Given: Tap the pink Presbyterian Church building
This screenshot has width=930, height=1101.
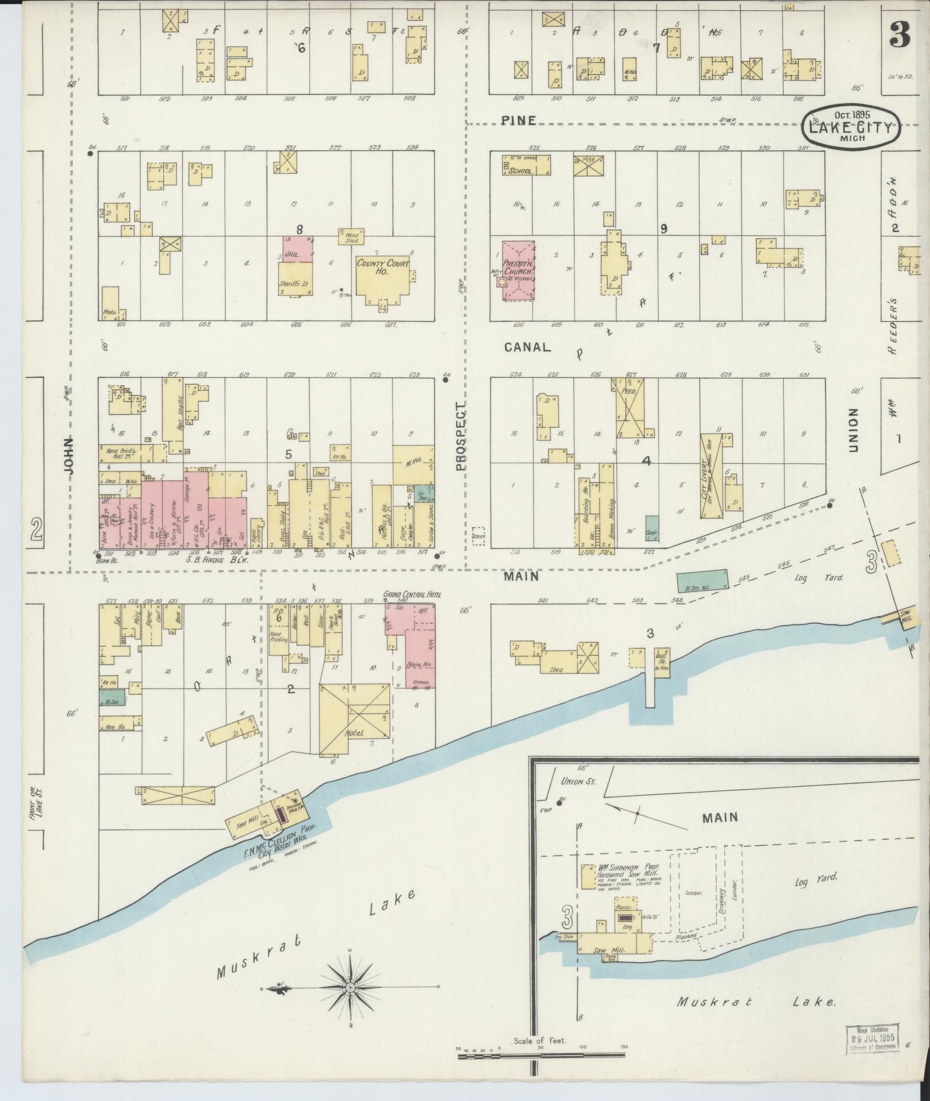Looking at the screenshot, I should [x=519, y=269].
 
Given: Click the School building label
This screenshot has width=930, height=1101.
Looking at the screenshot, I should [x=520, y=171].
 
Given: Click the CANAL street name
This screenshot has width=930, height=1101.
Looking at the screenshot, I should [x=527, y=347].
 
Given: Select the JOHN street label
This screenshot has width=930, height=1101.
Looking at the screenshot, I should [x=70, y=455].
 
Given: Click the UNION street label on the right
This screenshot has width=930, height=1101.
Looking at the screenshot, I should [x=853, y=430].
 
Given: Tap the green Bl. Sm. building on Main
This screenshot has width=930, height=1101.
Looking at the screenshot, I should [x=703, y=580].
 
